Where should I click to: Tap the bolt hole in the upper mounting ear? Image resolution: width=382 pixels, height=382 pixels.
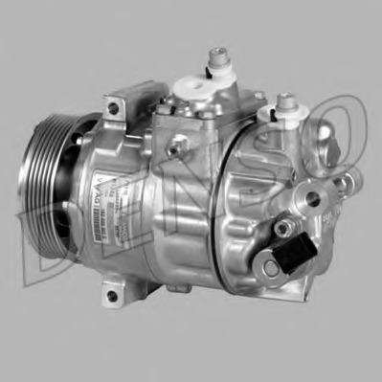click(114, 108)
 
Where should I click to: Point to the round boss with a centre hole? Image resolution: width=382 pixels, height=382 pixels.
click(311, 200)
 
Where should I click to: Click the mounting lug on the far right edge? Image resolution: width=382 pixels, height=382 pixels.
click(346, 182)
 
